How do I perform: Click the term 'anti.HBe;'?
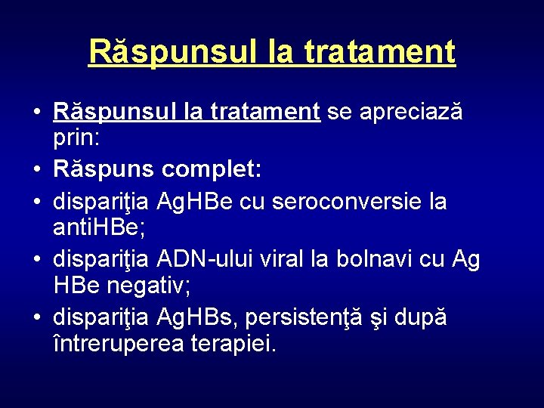tap(104, 228)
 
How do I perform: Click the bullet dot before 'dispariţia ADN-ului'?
tap(36, 261)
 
